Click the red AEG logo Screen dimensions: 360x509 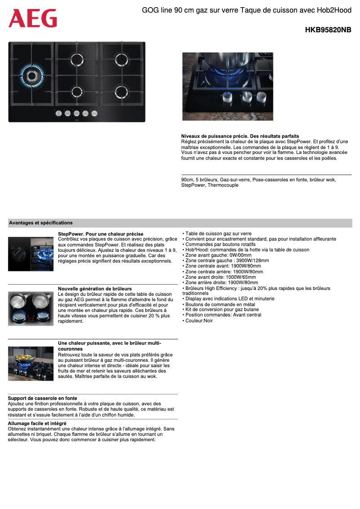click(33, 18)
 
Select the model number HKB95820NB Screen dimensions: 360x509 click(328, 30)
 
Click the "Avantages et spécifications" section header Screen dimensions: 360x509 click(41, 223)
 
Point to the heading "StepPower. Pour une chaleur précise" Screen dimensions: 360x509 click(101, 234)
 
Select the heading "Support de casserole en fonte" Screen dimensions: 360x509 click(43, 398)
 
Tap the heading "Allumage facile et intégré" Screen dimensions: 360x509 click(37, 423)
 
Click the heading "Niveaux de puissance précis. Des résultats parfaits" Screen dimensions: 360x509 click(240, 136)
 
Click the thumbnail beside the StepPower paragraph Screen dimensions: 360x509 click(31, 254)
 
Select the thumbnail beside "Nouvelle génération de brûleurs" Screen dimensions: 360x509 click(31, 309)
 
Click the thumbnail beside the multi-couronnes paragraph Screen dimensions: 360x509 click(31, 364)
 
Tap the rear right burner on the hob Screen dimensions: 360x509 click(121, 59)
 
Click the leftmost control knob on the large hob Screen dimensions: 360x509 click(59, 114)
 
